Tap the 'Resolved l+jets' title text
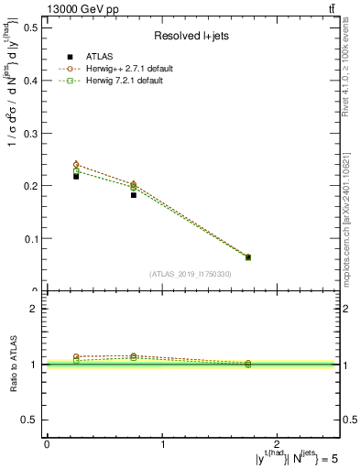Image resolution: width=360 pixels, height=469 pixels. [191, 36]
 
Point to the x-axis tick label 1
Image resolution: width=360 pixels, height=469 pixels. [162, 444]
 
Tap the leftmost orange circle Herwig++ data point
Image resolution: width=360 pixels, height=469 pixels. [76, 165]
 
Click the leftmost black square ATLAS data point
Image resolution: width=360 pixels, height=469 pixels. [76, 176]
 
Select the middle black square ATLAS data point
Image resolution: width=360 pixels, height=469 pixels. [134, 195]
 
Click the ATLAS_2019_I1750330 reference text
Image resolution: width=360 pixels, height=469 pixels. [191, 274]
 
